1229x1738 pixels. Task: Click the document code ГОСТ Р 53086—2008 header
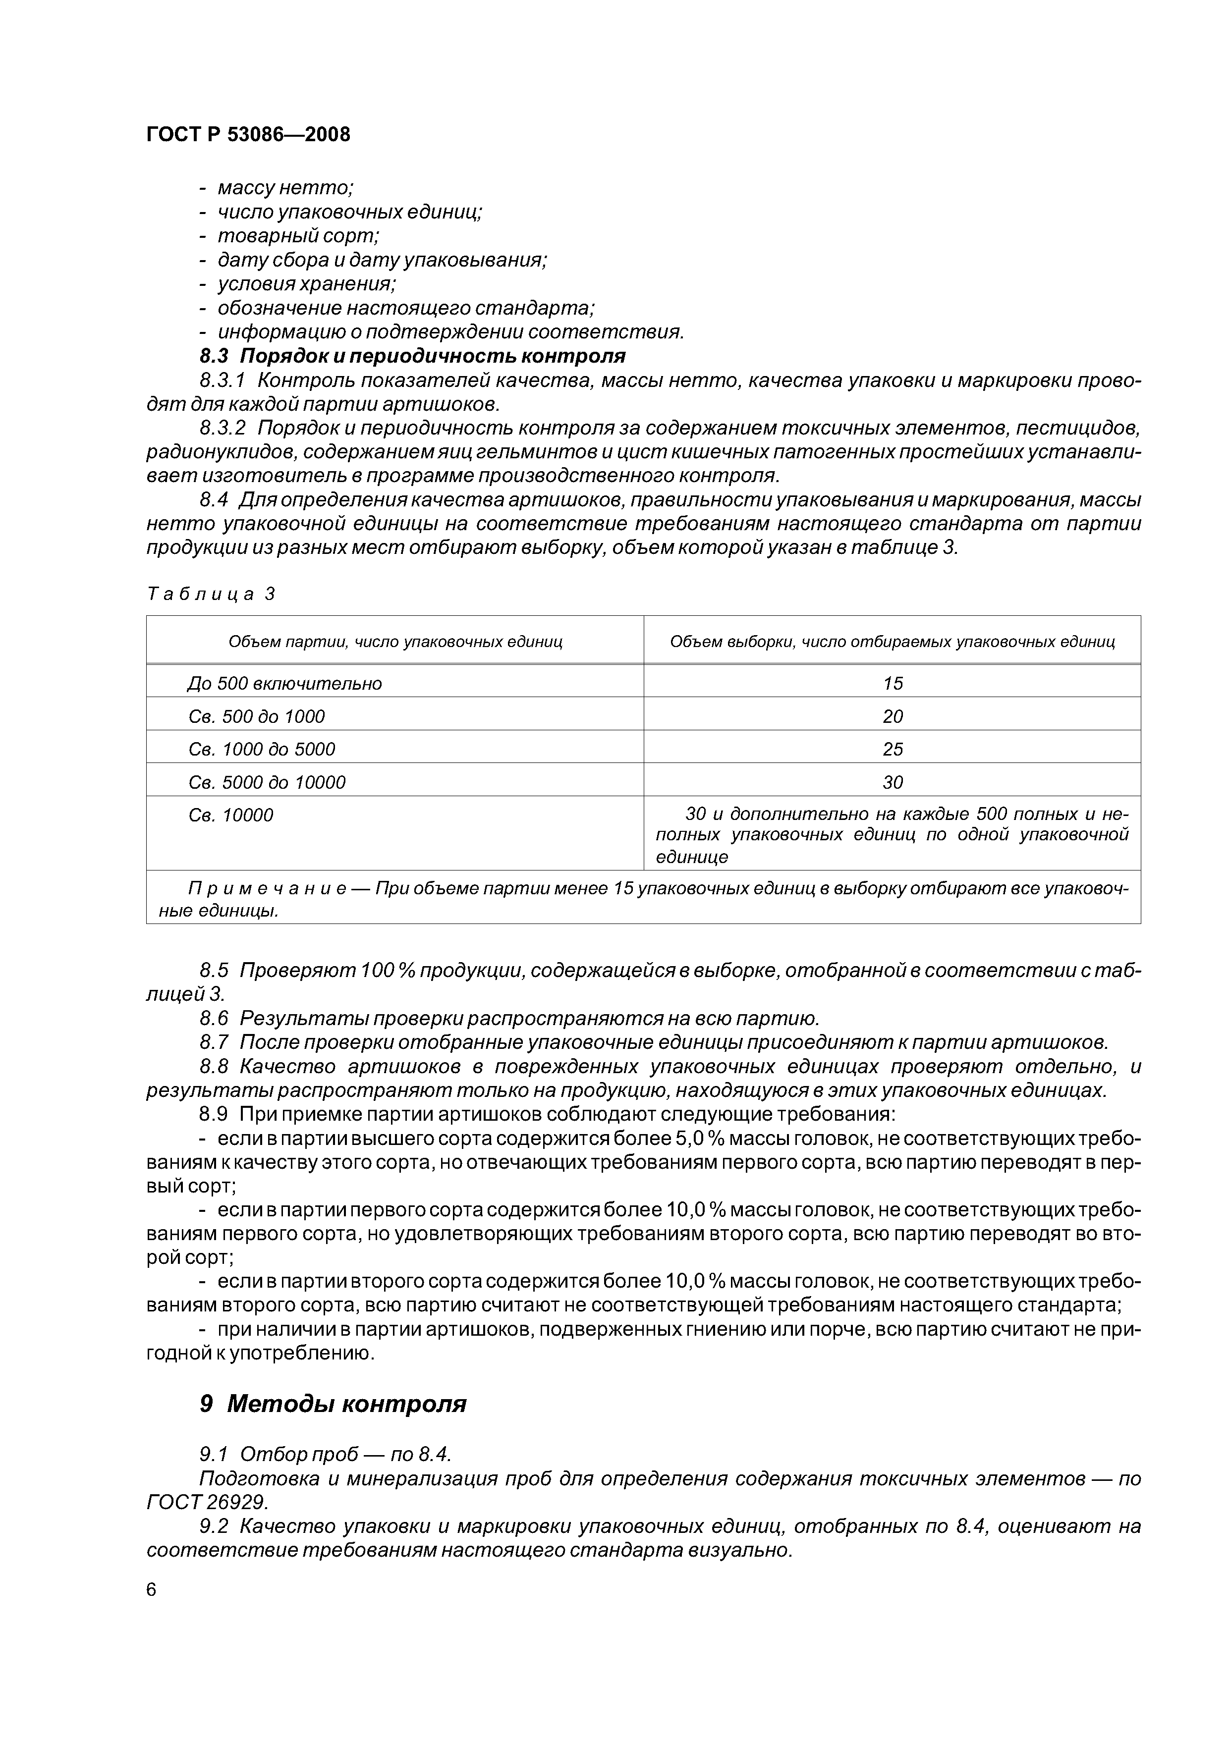tap(248, 135)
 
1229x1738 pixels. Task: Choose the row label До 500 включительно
tap(285, 684)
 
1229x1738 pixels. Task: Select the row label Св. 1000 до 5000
tap(261, 750)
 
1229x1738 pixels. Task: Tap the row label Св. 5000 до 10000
tap(267, 782)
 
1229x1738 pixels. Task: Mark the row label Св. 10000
tap(230, 815)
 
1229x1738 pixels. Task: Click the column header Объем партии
tap(395, 642)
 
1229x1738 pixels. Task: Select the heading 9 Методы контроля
tap(333, 1404)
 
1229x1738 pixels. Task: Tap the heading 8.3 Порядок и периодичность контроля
tap(413, 356)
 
